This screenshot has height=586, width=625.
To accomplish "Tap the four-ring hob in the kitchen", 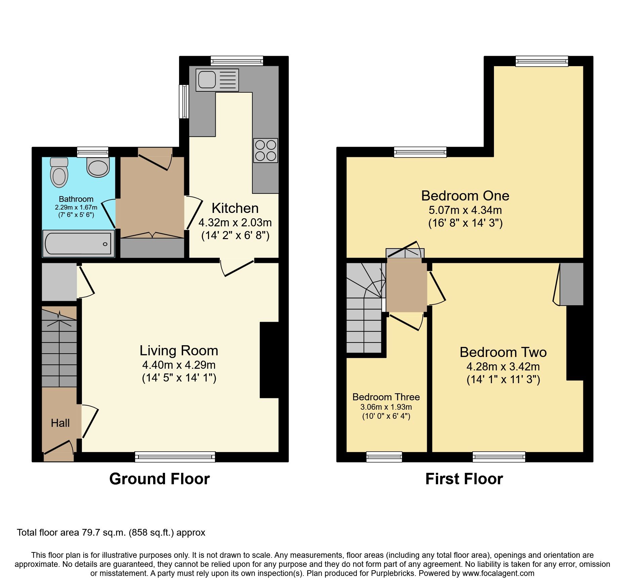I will click(x=265, y=150).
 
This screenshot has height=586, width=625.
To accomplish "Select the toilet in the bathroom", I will click(x=59, y=173).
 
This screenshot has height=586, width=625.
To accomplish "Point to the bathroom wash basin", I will click(x=98, y=167).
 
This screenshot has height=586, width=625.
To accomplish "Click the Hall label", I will click(x=60, y=423).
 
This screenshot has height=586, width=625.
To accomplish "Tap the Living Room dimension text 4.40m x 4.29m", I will click(x=179, y=365).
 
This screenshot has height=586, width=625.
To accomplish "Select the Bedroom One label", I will click(x=465, y=196).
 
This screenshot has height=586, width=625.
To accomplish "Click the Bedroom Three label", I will click(x=386, y=397).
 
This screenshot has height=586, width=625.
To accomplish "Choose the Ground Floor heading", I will click(x=159, y=479).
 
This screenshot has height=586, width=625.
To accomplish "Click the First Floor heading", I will click(x=464, y=479).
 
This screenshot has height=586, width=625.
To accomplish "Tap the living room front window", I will click(x=175, y=456).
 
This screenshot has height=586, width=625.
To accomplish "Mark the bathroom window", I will click(x=92, y=152).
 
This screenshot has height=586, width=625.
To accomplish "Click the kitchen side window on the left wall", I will click(x=184, y=101).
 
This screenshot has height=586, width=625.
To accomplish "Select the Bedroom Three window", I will click(x=384, y=456).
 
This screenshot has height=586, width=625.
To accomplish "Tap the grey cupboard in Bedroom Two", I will click(x=571, y=284).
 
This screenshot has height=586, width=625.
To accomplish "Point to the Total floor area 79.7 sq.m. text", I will click(x=111, y=533).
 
